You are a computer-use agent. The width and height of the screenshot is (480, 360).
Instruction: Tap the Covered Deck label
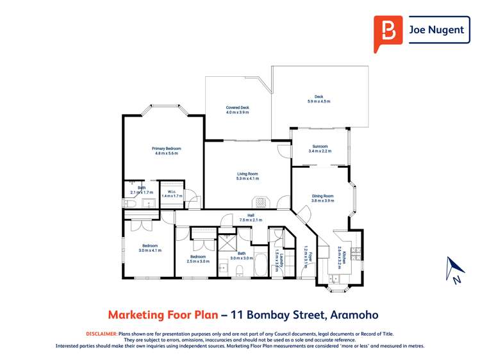click(x=237, y=108)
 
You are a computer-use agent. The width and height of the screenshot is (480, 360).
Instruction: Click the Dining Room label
click(x=322, y=196)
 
